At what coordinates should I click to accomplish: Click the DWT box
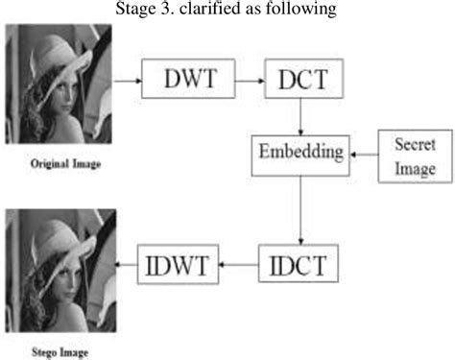pos(188,79)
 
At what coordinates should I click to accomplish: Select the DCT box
pos(304,79)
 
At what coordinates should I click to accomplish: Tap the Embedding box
pos(300,156)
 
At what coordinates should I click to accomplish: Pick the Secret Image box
pos(416,156)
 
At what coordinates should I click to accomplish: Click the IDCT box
pos(299,263)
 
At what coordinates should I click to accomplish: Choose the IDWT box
pos(179,264)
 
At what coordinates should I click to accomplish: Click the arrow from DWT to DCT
pos(250,81)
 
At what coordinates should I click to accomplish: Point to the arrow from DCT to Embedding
pos(300,116)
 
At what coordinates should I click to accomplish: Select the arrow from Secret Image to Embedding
pos(364,155)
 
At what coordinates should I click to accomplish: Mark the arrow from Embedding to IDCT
pos(300,210)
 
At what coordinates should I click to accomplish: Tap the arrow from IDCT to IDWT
pos(239,265)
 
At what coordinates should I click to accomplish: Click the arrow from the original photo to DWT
pos(128,81)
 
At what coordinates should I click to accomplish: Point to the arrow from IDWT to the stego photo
pos(126,264)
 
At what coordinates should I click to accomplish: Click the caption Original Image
pos(65,164)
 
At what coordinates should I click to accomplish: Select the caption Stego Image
pos(60,352)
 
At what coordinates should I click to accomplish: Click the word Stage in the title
pos(135,9)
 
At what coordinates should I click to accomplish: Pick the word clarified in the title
pos(210,8)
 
